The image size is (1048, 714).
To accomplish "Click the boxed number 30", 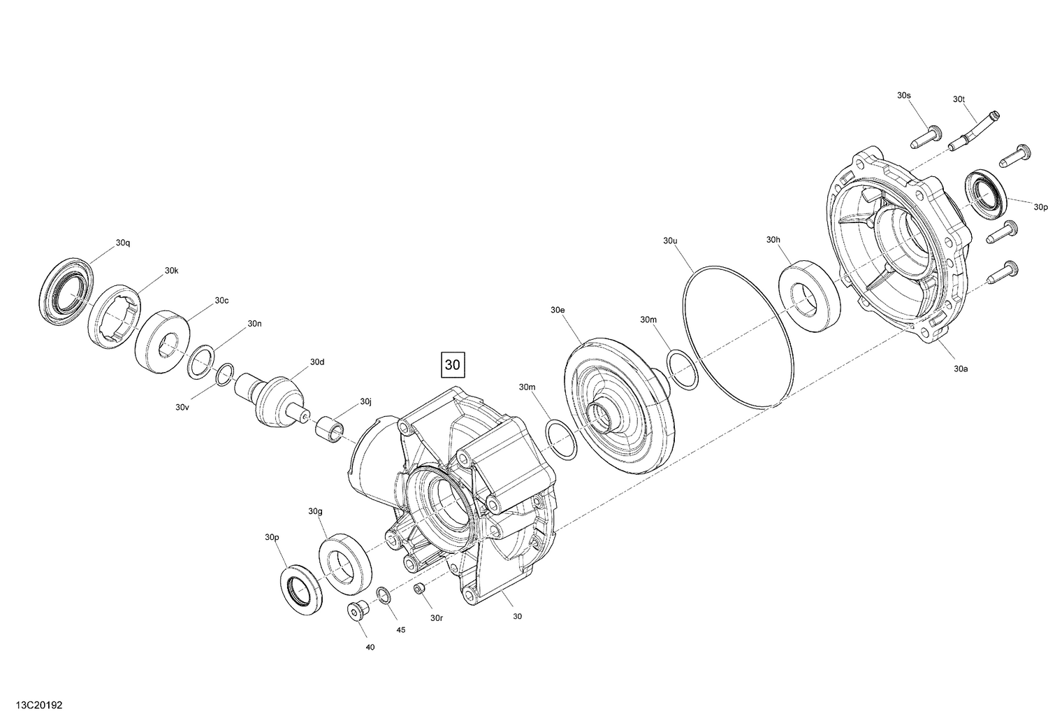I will (453, 364).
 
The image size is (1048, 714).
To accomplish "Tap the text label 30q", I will (123, 243).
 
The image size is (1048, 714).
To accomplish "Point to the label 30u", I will (670, 241).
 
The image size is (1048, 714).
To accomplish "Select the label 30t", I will (959, 99).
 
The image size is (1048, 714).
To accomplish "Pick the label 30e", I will (557, 309).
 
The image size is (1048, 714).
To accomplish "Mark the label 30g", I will (315, 511).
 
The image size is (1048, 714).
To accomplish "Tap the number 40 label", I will (370, 647).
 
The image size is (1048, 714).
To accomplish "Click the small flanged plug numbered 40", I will (358, 611).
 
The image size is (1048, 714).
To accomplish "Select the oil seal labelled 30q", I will (63, 290).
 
